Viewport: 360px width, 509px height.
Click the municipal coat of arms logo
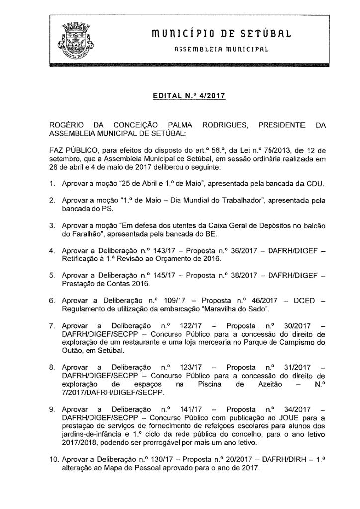[77, 37]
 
